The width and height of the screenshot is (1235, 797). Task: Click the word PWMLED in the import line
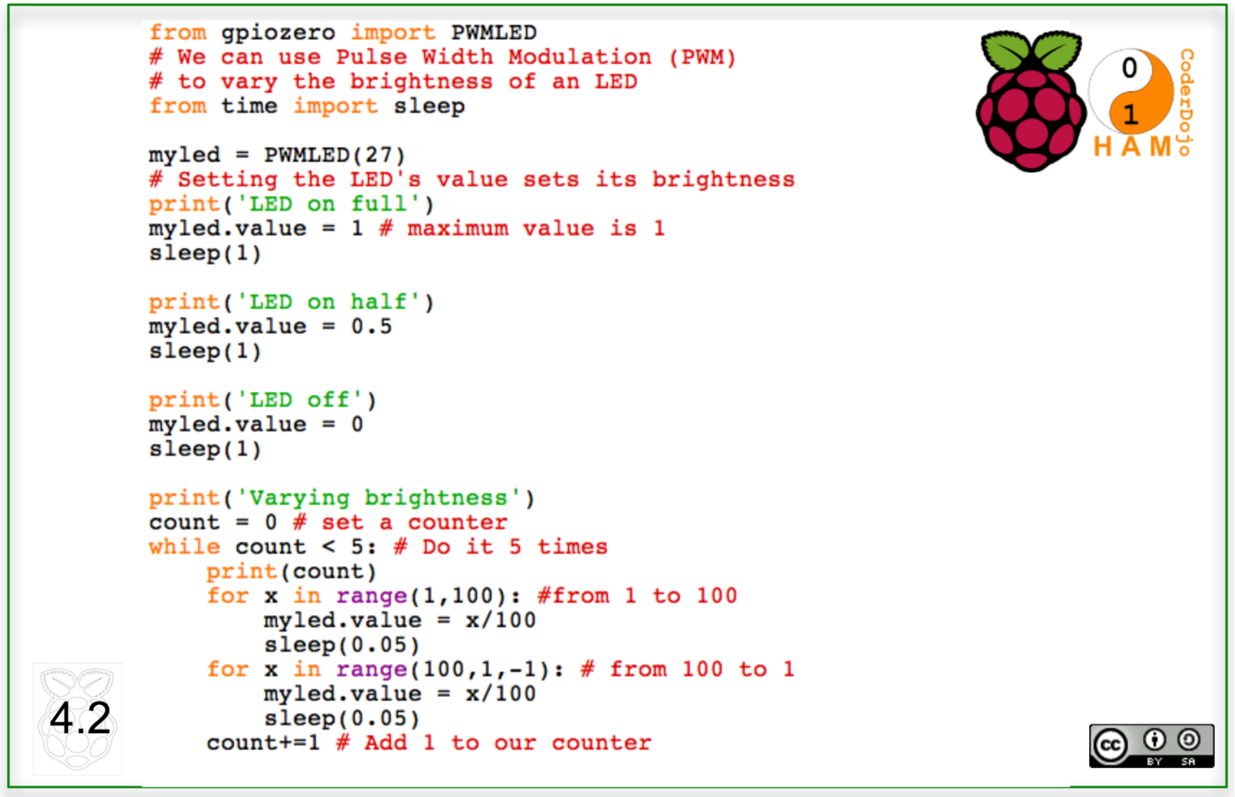click(494, 33)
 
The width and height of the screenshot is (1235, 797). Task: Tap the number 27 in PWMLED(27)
click(378, 155)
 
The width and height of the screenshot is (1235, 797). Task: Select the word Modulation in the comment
click(579, 58)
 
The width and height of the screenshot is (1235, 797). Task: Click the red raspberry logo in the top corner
click(1030, 102)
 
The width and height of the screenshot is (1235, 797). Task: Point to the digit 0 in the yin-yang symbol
click(1130, 68)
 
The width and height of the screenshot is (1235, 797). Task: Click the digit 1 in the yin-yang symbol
click(1130, 114)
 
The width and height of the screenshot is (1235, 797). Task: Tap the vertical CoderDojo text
click(1186, 102)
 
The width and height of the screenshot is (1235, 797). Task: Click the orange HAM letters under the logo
click(1132, 146)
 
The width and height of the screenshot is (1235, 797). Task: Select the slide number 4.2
click(80, 718)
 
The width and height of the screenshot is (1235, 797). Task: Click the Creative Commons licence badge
click(1151, 746)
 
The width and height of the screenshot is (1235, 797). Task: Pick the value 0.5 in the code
click(371, 327)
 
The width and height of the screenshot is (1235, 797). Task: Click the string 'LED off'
click(300, 400)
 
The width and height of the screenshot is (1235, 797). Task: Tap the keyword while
click(184, 547)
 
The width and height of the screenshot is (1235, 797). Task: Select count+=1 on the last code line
click(263, 743)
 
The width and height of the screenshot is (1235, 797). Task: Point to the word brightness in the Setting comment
click(723, 180)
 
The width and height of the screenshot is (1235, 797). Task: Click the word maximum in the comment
click(457, 228)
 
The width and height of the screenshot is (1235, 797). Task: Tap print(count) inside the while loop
click(291, 572)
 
